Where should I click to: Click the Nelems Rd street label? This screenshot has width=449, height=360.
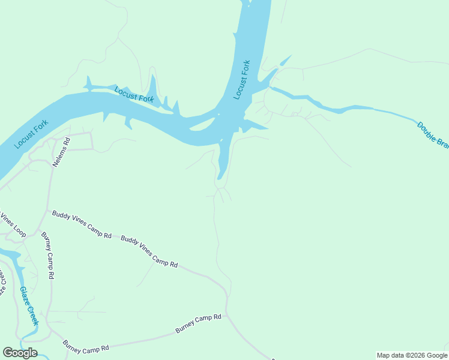pyautogui.click(x=62, y=152)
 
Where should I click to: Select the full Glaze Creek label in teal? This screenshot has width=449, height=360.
pyautogui.click(x=29, y=304)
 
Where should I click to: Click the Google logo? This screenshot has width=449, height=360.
pyautogui.click(x=20, y=353)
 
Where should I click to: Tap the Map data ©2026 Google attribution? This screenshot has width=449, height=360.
pyautogui.click(x=412, y=355)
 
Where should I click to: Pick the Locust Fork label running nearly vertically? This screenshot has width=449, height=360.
pyautogui.click(x=241, y=80)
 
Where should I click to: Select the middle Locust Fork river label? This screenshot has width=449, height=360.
pyautogui.click(x=134, y=94)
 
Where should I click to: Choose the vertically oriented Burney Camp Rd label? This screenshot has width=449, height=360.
pyautogui.click(x=48, y=256)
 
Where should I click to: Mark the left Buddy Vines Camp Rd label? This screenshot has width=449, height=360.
pyautogui.click(x=82, y=224)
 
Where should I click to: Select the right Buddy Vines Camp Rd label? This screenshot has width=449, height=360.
pyautogui.click(x=149, y=251)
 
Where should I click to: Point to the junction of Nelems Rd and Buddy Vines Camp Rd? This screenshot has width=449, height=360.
pyautogui.click(x=48, y=210)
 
